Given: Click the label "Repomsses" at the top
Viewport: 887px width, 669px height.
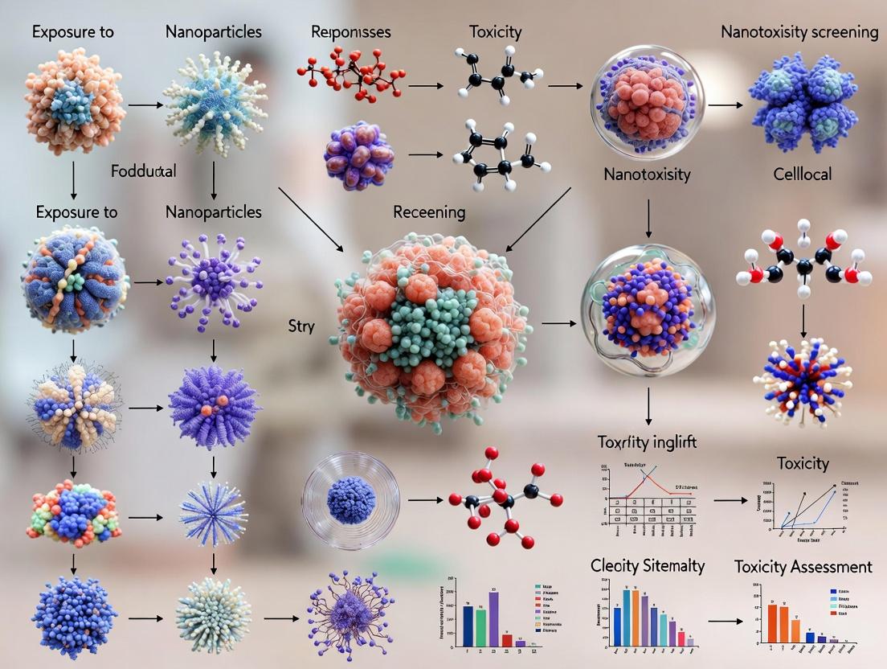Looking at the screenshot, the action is point(350,33).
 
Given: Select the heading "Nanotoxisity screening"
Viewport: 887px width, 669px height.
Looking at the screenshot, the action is point(799,33).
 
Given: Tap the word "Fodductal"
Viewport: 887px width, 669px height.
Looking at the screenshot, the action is point(145,172).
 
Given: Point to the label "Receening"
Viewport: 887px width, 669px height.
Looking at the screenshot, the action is point(429,212).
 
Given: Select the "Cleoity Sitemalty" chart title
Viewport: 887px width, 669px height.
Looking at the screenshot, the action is point(648,565).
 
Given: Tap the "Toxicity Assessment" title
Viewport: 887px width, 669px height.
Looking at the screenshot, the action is point(803,567).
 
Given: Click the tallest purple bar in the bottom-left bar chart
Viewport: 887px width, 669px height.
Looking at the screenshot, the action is point(493,618).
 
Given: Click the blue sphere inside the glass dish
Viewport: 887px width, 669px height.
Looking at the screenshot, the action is point(351,500).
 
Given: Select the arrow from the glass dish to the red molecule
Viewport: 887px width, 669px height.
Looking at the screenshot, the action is point(424,500).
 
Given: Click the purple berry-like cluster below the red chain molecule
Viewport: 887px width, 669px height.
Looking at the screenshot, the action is point(359,155).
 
